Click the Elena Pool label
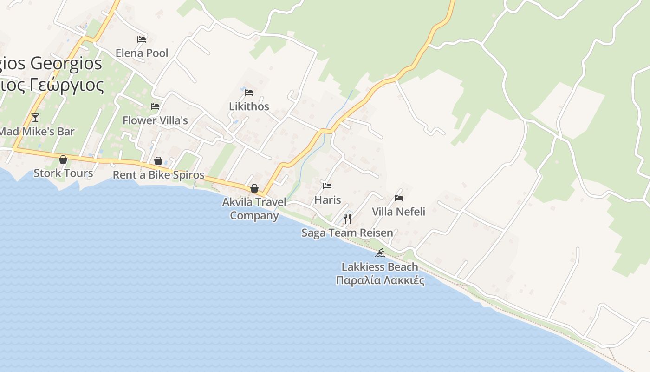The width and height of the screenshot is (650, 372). click(142, 53)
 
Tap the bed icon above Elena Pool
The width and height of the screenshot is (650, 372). click(142, 40)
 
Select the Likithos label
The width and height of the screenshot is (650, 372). click(249, 106)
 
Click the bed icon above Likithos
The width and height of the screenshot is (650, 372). click(249, 93)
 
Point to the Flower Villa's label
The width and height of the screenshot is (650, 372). click(155, 120)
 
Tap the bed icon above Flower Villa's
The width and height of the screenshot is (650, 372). click(155, 106)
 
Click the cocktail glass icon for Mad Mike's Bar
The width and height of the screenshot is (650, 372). click(35, 117)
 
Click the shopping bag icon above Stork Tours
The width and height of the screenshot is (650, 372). click(63, 159)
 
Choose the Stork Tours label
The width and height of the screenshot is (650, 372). click(63, 173)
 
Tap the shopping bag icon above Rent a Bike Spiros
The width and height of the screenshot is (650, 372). click(158, 161)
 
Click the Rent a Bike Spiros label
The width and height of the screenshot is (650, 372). click(159, 175)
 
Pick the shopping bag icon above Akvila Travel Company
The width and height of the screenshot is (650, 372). click(254, 188)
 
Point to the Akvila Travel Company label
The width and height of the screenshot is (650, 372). click(254, 209)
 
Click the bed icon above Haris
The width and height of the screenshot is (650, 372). click(327, 186)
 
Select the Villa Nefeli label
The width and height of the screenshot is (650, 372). click(398, 212)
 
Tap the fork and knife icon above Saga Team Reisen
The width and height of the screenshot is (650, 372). click(347, 219)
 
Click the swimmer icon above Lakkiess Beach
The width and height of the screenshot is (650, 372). click(380, 253)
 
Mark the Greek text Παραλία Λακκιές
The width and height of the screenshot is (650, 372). click(380, 280)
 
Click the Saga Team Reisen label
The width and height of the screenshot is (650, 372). click(347, 233)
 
